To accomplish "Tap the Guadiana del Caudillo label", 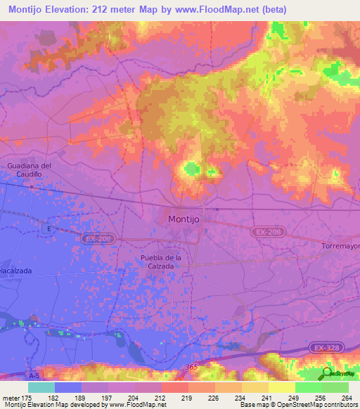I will [30, 169].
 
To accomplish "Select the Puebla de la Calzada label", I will [160, 261].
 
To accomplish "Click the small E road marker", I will [49, 228].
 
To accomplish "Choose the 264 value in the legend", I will [346, 397].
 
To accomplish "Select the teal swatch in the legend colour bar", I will [41, 387].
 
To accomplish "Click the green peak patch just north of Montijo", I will [191, 169].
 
